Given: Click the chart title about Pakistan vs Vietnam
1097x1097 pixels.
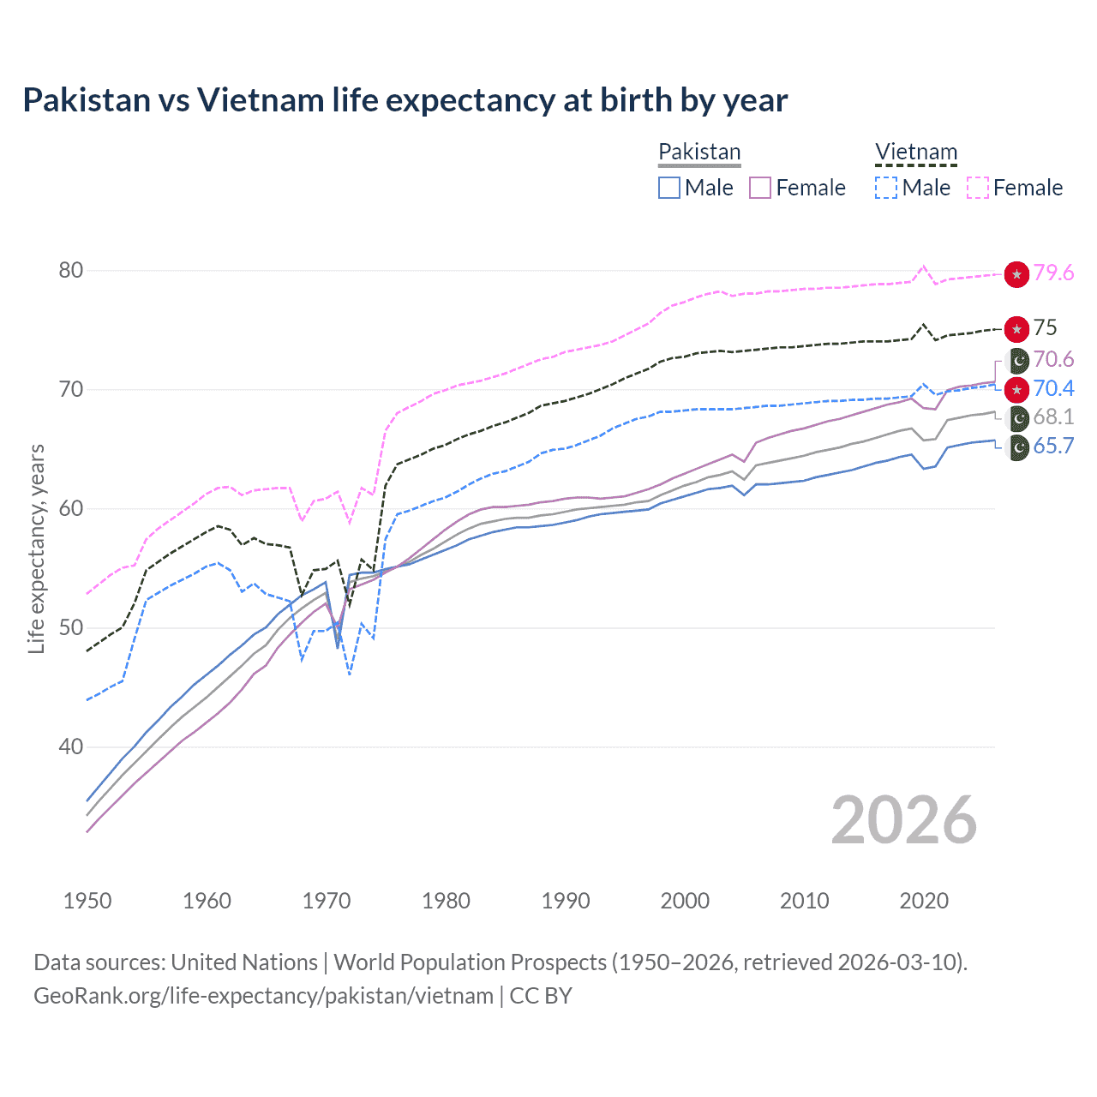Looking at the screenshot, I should [x=405, y=100].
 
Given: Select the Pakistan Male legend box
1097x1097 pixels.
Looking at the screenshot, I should [x=669, y=188].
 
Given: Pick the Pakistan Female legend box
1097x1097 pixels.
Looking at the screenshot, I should [x=760, y=188].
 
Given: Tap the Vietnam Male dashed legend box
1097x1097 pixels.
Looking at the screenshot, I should [x=886, y=188].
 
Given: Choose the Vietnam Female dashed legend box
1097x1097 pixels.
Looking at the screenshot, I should [x=978, y=188].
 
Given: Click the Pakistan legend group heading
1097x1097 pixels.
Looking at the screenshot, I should [x=699, y=152].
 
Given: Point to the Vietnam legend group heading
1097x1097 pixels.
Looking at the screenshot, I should [x=915, y=152].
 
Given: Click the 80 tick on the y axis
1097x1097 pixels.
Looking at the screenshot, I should [x=71, y=271].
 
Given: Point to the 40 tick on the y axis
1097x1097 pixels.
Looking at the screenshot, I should [x=71, y=747].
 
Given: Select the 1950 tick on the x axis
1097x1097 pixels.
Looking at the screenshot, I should [x=87, y=901].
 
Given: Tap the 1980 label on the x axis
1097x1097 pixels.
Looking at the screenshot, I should [x=446, y=901].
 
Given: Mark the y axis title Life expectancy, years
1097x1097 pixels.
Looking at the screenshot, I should [x=37, y=548].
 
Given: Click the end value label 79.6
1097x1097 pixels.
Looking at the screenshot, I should [x=1053, y=273].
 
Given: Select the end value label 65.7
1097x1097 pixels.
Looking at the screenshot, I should [x=1053, y=447].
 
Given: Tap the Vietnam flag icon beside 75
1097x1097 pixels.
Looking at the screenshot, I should [x=1016, y=329].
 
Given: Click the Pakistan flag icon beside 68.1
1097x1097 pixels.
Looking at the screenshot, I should [x=1017, y=418].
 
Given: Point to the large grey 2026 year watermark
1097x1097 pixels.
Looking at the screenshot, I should [x=903, y=821].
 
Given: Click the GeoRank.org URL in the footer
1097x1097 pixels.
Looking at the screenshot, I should [x=263, y=996].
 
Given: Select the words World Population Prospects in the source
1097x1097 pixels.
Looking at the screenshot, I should [x=470, y=962].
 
